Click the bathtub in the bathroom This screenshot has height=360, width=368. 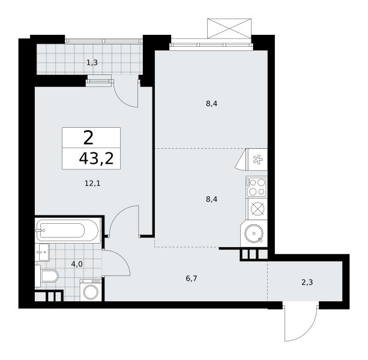pos(67,230)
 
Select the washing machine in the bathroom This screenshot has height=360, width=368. pos(91,290)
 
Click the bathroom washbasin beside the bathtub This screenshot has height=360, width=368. pos(42,252)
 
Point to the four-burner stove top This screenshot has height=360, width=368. pos(256,187)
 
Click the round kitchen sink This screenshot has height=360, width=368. pos(254,233)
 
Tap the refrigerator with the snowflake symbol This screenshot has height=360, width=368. pos(258,160)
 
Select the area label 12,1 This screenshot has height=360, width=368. pos(92,184)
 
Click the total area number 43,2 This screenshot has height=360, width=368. pos(96,159)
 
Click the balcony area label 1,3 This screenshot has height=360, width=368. pos(92,62)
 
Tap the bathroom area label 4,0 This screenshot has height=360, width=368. pos(77,265)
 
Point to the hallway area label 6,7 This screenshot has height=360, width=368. pos(192,278)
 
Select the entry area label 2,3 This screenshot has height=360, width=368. pos(307,283)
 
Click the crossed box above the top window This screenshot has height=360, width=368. pos(229,29)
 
